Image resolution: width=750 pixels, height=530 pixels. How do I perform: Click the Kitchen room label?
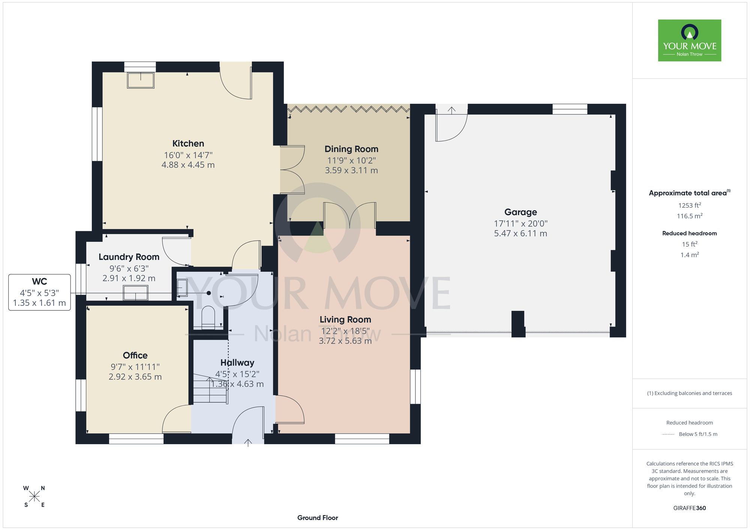click(188, 144)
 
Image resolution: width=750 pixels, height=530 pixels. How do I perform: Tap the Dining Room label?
click(351, 149)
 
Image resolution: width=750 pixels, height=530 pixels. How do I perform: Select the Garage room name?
click(520, 212)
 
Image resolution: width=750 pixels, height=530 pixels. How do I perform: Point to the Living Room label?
click(345, 320)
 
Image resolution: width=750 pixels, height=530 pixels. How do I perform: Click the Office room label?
click(135, 355)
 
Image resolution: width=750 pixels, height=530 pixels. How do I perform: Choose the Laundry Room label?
click(129, 257)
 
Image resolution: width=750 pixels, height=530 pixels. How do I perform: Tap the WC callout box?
click(39, 292)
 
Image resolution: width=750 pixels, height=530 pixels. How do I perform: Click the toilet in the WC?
click(208, 317)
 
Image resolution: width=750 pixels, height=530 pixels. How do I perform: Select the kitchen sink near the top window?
click(141, 80)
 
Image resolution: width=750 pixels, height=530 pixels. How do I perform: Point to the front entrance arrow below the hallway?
click(248, 443)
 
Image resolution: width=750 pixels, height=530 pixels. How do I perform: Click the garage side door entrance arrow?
click(451, 110)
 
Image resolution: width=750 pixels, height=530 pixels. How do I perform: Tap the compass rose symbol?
click(34, 497)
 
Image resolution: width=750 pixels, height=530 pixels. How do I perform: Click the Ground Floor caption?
click(318, 518)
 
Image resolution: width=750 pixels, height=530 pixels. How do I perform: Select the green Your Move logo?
click(690, 40)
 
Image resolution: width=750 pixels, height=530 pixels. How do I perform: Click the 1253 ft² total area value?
click(690, 205)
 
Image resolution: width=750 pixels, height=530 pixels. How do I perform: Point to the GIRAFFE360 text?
click(690, 508)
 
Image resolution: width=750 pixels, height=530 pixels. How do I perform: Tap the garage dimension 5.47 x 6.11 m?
click(520, 234)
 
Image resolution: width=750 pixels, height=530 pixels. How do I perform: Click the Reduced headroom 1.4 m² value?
click(690, 255)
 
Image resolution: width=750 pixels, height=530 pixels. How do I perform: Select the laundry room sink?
click(135, 293)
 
